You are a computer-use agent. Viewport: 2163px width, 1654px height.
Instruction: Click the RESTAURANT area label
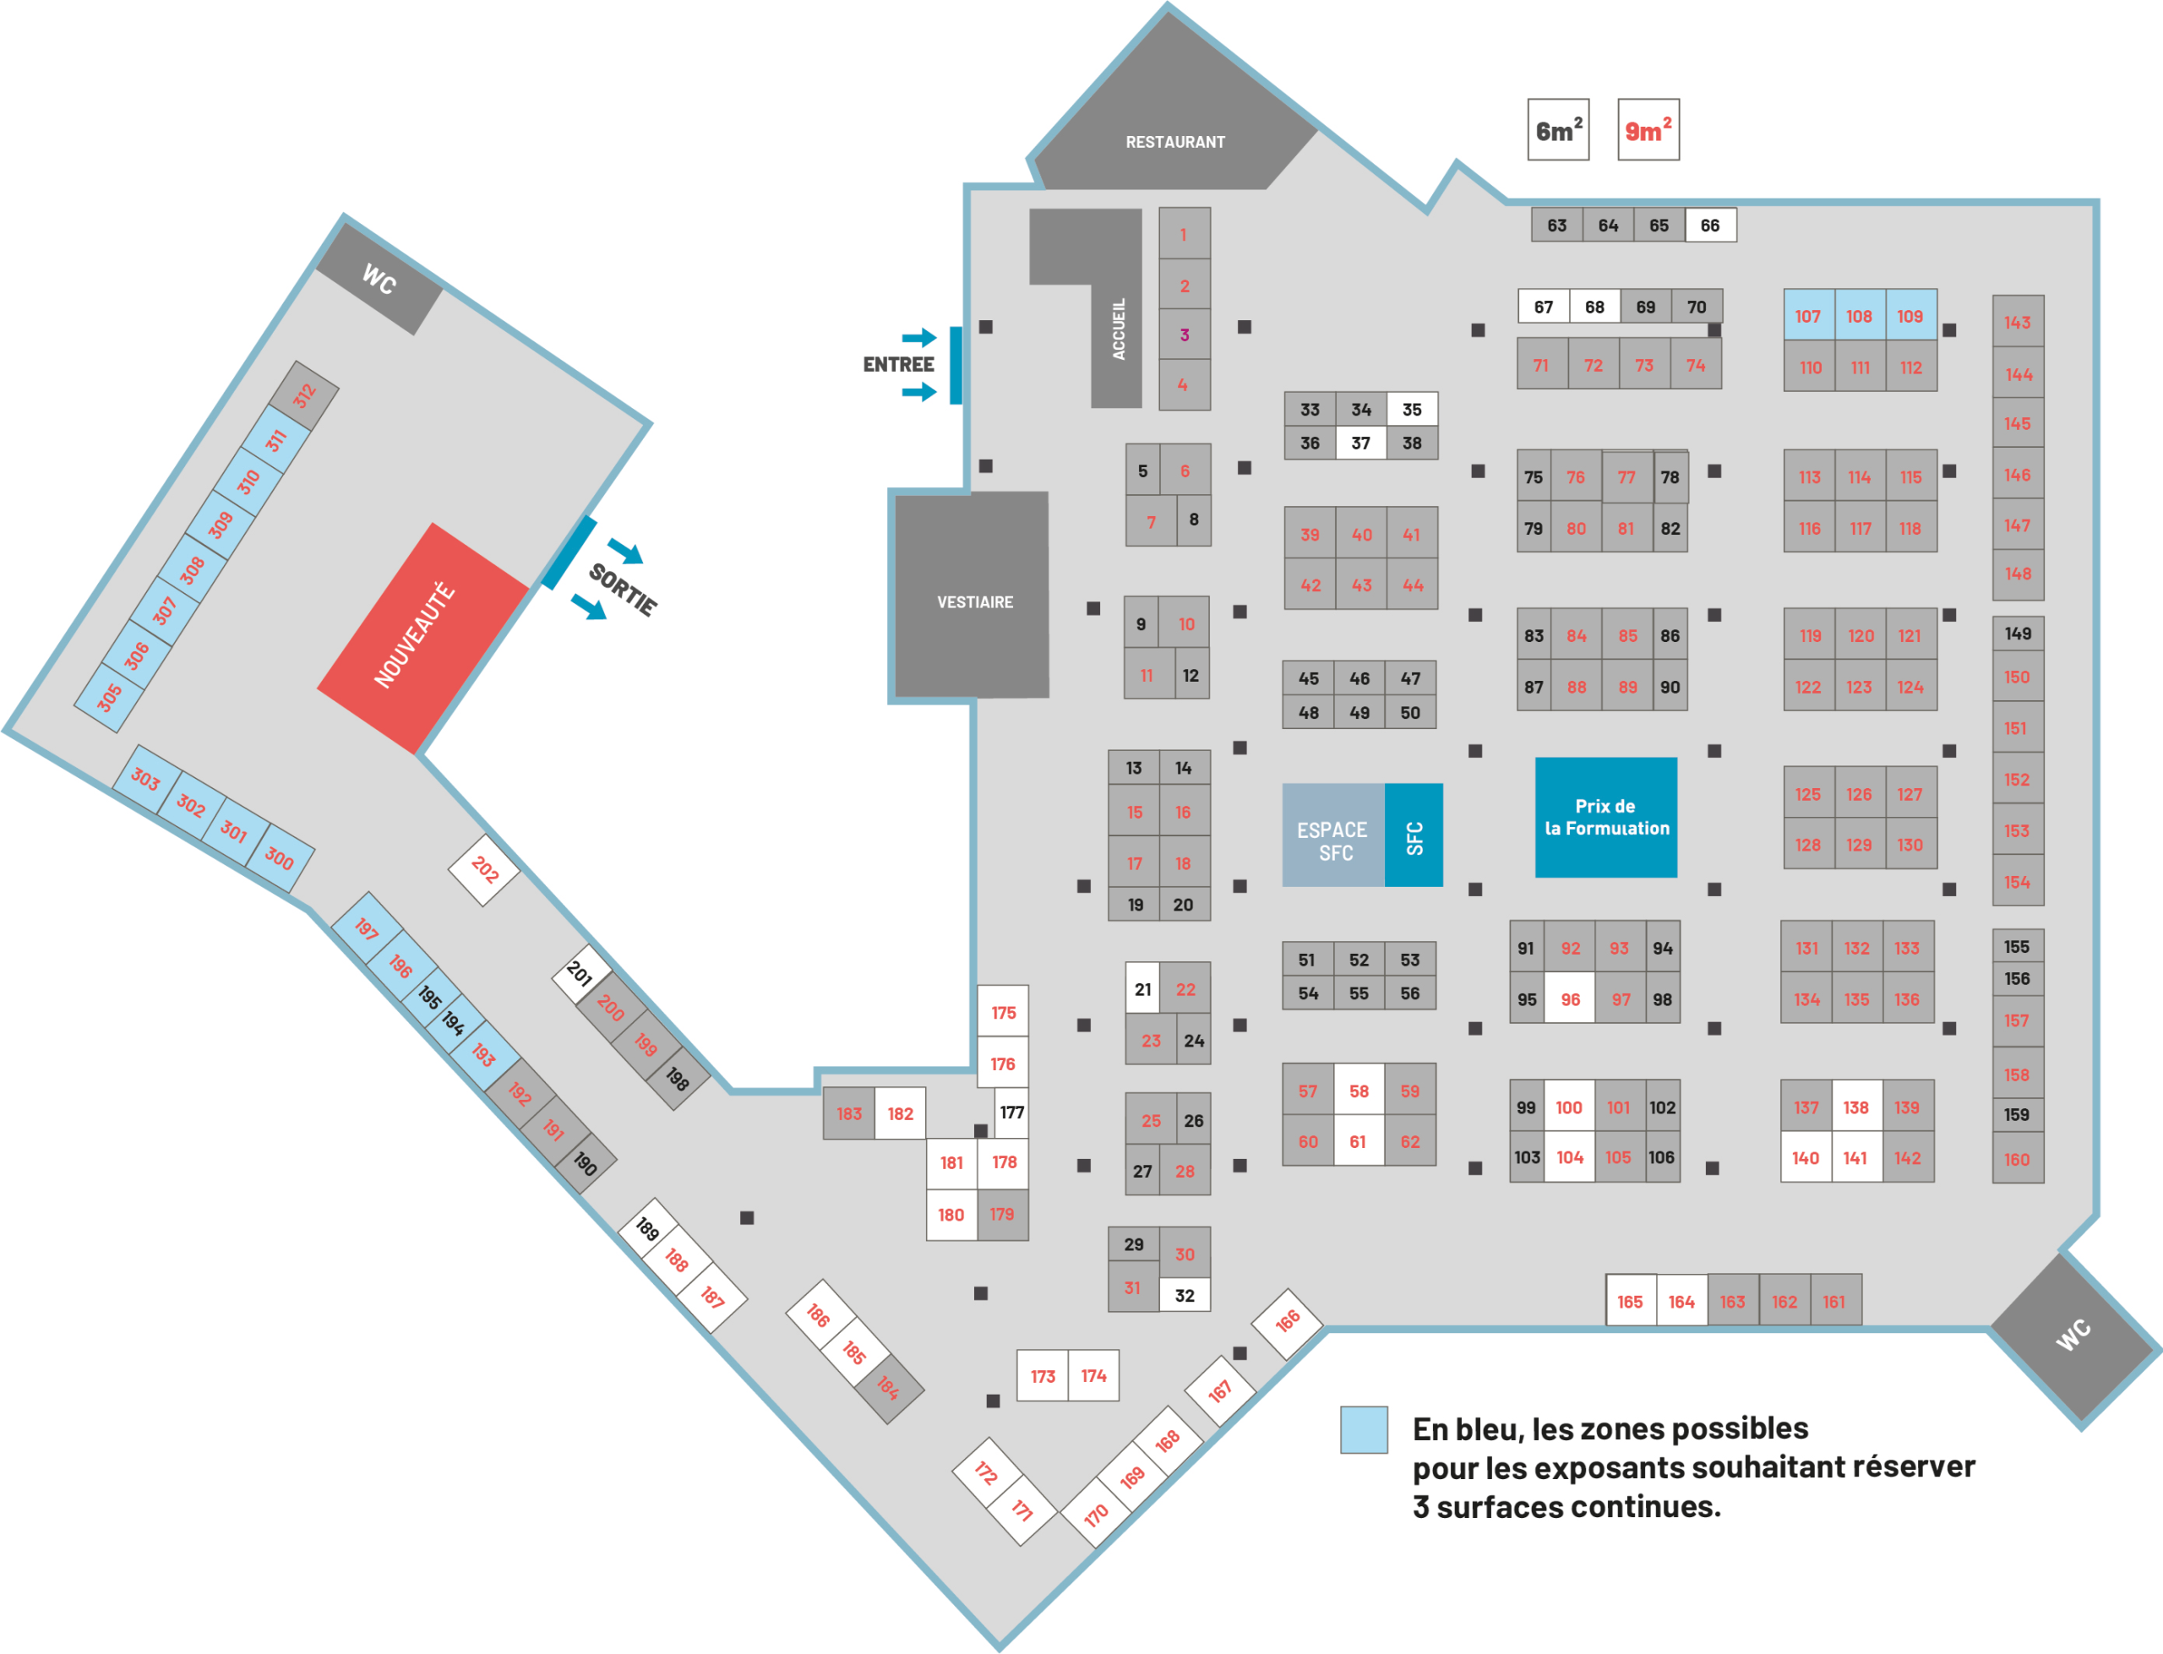(x=1175, y=142)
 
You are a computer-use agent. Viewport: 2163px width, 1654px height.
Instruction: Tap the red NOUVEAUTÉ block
(x=422, y=637)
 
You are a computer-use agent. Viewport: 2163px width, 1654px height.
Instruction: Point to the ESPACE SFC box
(x=1333, y=835)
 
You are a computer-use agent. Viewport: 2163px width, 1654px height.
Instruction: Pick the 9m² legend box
(x=1648, y=129)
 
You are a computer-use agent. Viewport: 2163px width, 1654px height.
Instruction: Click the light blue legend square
(x=1364, y=1429)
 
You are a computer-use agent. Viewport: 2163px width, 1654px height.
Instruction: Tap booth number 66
(x=1710, y=226)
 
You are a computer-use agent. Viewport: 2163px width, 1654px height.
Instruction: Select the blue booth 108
(x=1859, y=316)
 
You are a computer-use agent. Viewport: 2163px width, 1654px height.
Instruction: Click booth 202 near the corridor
(x=484, y=869)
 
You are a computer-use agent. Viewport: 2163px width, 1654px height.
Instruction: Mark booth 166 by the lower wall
(x=1287, y=1323)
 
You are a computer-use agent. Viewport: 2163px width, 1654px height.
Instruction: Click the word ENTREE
(x=898, y=364)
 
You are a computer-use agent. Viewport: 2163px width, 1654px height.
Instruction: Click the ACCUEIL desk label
(x=1119, y=329)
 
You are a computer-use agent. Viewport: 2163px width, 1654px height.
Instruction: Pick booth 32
(x=1185, y=1296)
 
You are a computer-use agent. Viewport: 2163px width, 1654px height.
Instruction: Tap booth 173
(x=1043, y=1375)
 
